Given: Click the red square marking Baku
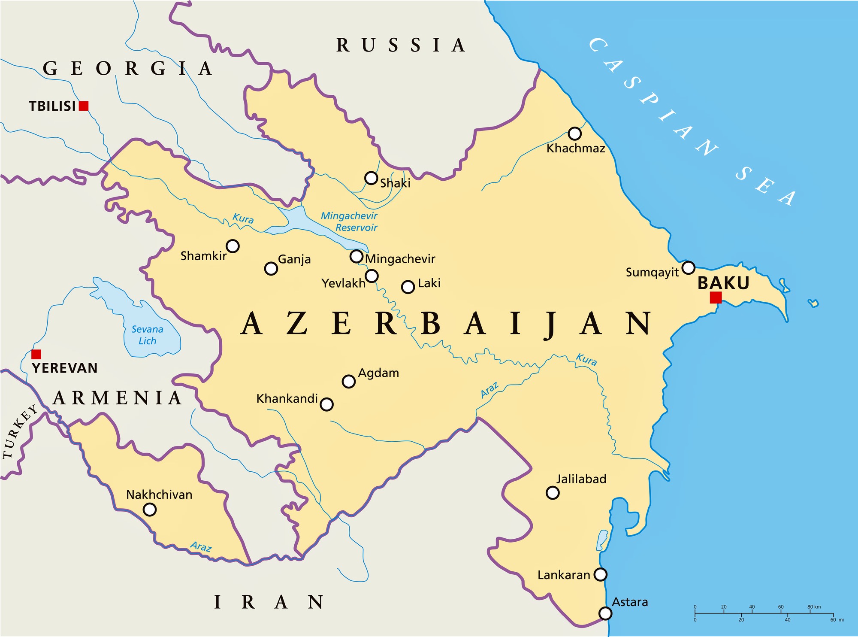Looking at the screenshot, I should (x=716, y=297).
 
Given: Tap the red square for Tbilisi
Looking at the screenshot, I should (x=84, y=106).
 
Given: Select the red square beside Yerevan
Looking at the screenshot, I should (x=36, y=354).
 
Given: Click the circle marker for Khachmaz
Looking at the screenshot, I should (x=574, y=133).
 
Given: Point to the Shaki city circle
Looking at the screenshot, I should (x=371, y=178).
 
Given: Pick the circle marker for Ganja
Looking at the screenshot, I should (x=271, y=269).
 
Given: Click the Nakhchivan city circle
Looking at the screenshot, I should (x=149, y=510).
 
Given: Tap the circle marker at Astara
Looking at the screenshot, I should (x=605, y=613).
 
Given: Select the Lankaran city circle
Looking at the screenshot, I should (x=601, y=574).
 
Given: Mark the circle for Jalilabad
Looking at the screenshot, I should (x=553, y=493).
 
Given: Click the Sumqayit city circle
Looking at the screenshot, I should (x=688, y=267).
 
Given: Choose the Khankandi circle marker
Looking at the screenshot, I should (x=326, y=404).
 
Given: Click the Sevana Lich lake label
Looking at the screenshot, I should (x=147, y=335).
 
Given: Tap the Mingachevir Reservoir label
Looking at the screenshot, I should (x=350, y=221).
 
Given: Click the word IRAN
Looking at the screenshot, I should (x=269, y=602).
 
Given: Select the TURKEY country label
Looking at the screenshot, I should (x=19, y=432).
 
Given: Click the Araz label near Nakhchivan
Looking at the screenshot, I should (x=201, y=546).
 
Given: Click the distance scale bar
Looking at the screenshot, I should (x=764, y=613).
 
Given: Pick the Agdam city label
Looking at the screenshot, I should (x=378, y=373).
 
